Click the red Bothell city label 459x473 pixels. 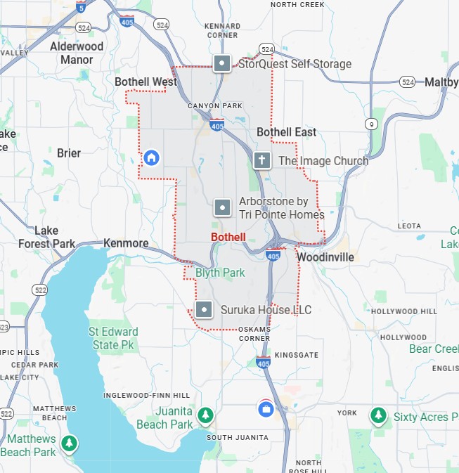[228, 237]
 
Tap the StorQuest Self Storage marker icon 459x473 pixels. [222, 64]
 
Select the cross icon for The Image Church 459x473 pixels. [262, 160]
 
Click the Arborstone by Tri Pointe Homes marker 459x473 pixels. [222, 207]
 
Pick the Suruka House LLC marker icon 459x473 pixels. [204, 309]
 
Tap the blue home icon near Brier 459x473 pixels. [150, 157]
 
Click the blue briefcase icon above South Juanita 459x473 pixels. [266, 408]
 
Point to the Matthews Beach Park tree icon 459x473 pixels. [68, 443]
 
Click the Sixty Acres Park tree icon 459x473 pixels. [379, 416]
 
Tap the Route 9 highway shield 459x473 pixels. [370, 124]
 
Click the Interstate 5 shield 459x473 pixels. [82, 7]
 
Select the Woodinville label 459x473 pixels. [325, 257]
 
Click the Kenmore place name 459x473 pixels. [126, 243]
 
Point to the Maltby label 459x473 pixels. [441, 82]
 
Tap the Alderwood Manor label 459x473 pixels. [77, 53]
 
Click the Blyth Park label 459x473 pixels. [220, 272]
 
